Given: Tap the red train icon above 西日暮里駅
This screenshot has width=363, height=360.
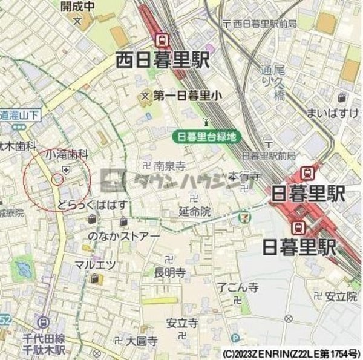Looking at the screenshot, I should pyautogui.click(x=162, y=40).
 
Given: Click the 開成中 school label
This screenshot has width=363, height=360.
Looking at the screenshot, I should pyautogui.click(x=78, y=7).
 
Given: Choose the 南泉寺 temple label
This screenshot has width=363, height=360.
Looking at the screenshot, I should pyautogui.click(x=169, y=164).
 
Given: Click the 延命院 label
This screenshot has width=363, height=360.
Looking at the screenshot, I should pyautogui.click(x=195, y=212).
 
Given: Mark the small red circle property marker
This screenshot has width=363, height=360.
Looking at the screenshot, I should pyautogui.click(x=58, y=178).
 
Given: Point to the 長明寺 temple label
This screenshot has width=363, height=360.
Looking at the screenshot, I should pyautogui.click(x=169, y=272).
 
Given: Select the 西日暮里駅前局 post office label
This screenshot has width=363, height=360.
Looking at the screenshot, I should pyautogui.click(x=264, y=24).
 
